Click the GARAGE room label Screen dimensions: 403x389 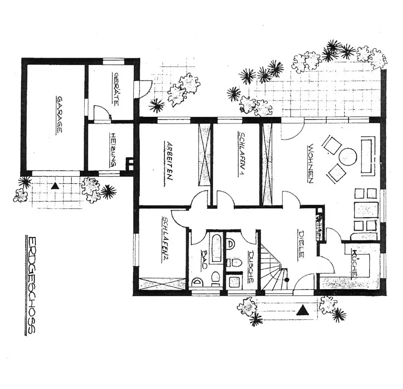coord(59,115)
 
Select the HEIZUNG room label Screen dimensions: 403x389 coord(113,150)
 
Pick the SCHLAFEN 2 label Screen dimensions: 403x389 coord(164,240)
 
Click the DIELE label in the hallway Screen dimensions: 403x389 coord(301,244)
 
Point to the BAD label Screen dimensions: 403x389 coord(204,259)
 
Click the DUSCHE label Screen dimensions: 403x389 coord(250,267)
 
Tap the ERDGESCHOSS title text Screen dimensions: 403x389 coord(31,285)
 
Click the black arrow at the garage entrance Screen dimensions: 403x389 coord(55,186)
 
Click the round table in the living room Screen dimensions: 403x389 coord(348,157)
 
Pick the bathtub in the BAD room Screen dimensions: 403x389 coord(216,248)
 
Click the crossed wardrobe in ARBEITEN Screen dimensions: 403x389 coord(205,155)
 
